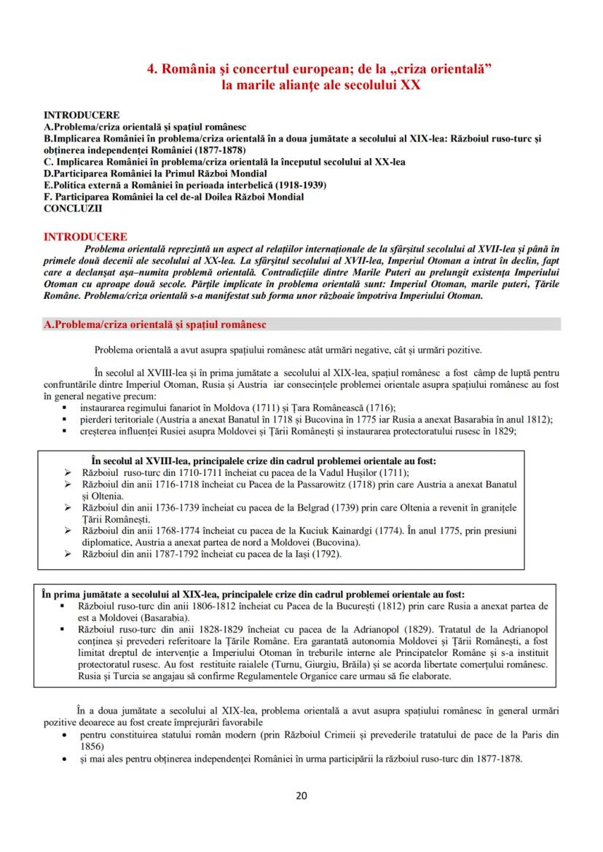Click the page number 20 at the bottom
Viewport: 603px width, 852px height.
[x=301, y=795]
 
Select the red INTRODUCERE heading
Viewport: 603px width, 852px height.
[x=85, y=237]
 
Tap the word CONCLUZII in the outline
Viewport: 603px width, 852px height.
[x=73, y=208]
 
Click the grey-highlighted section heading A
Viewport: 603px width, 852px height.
[x=154, y=324]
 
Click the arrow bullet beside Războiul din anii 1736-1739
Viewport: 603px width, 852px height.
[x=68, y=507]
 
